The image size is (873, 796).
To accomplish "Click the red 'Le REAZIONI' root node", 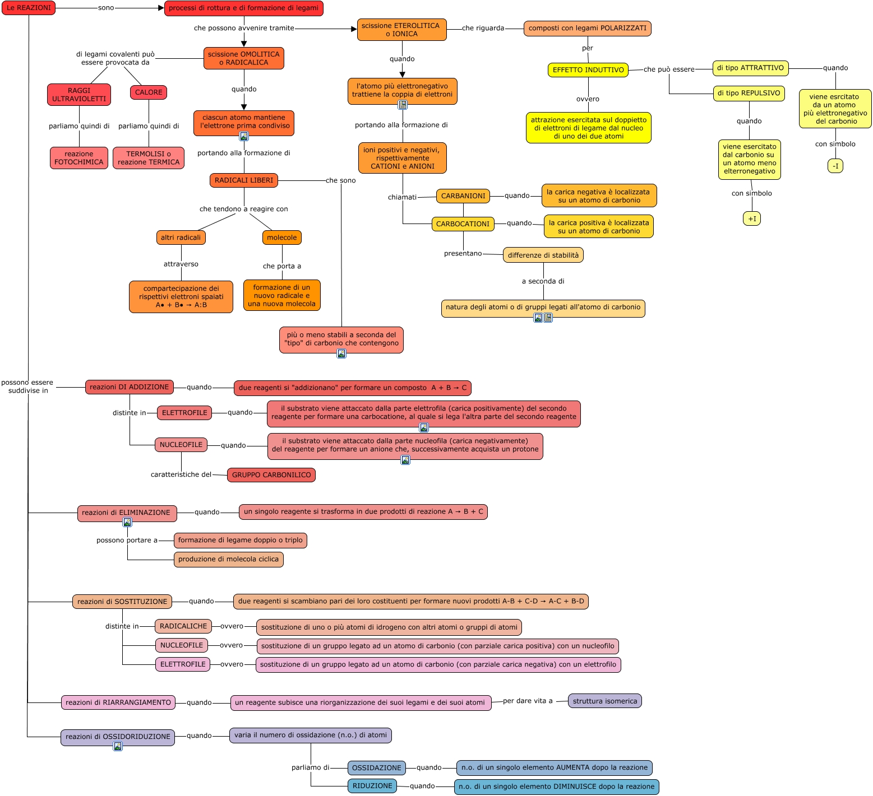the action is coord(29,8).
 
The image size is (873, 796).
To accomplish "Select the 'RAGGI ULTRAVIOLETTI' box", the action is coord(79,95).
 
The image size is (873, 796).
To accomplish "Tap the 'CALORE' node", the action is coord(149,92).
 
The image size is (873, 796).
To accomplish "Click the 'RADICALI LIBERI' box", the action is coord(244,180).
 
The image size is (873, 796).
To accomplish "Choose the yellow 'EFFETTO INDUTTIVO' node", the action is coord(588,70).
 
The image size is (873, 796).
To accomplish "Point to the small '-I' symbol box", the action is coord(835,166).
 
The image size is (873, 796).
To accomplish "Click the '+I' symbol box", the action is coord(752,219).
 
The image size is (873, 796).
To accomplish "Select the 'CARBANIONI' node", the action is coord(463,196).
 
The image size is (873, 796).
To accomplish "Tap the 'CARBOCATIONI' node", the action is coord(463,224).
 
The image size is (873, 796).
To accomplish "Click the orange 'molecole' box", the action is coord(282,238).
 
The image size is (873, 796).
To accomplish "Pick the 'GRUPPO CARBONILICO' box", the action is coord(271,475).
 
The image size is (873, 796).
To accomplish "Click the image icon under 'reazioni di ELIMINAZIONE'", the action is coord(127,523).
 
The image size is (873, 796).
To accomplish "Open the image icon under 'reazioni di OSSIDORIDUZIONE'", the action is coord(118,746).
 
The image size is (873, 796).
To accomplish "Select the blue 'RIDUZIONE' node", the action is coord(372,786).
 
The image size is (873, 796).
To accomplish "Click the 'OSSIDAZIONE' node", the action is coord(377,768).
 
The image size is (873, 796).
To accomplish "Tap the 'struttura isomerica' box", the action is coord(605,701).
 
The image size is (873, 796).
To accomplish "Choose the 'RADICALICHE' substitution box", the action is coord(183,626).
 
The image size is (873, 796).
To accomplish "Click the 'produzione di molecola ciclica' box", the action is coord(229,559).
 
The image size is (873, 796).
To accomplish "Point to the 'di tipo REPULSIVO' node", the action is coord(749,93).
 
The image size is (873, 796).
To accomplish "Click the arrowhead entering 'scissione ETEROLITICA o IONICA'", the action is coord(354,29).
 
